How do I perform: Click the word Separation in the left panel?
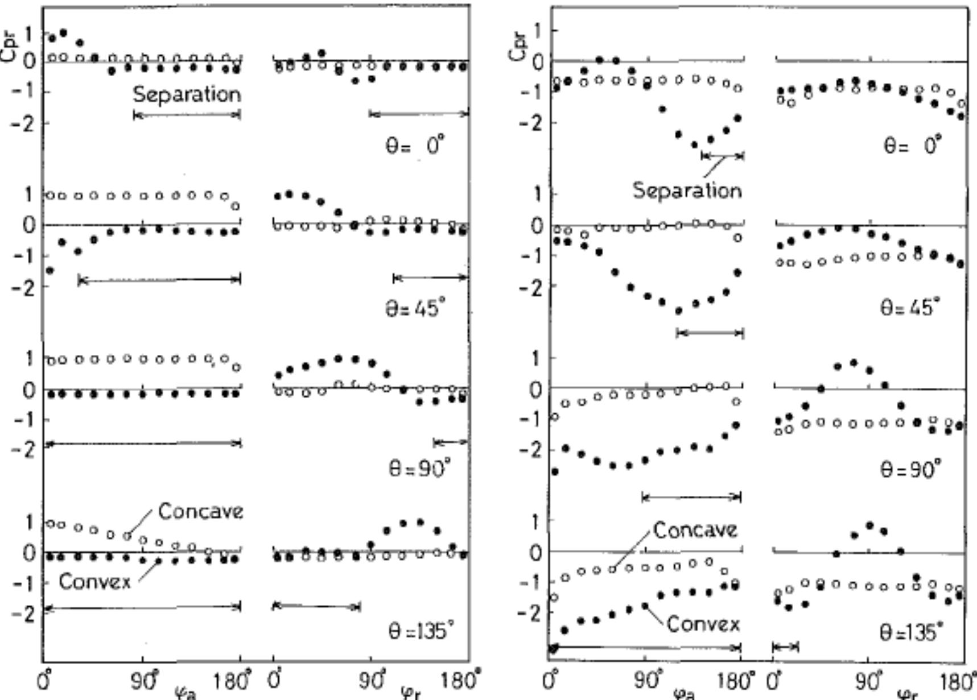[x=187, y=94]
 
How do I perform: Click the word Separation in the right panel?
[x=687, y=190]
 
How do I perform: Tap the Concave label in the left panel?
[x=200, y=511]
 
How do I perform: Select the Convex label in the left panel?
[x=94, y=581]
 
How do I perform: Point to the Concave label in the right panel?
[x=695, y=530]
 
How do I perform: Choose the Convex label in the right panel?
[x=703, y=624]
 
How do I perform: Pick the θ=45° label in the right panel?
[x=910, y=308]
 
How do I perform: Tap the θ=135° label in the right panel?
[x=911, y=632]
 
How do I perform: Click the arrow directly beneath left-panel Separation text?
[x=187, y=115]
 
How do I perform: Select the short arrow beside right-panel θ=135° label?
[x=786, y=647]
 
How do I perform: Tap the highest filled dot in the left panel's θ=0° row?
[x=63, y=33]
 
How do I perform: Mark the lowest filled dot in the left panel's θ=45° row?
[x=50, y=271]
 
